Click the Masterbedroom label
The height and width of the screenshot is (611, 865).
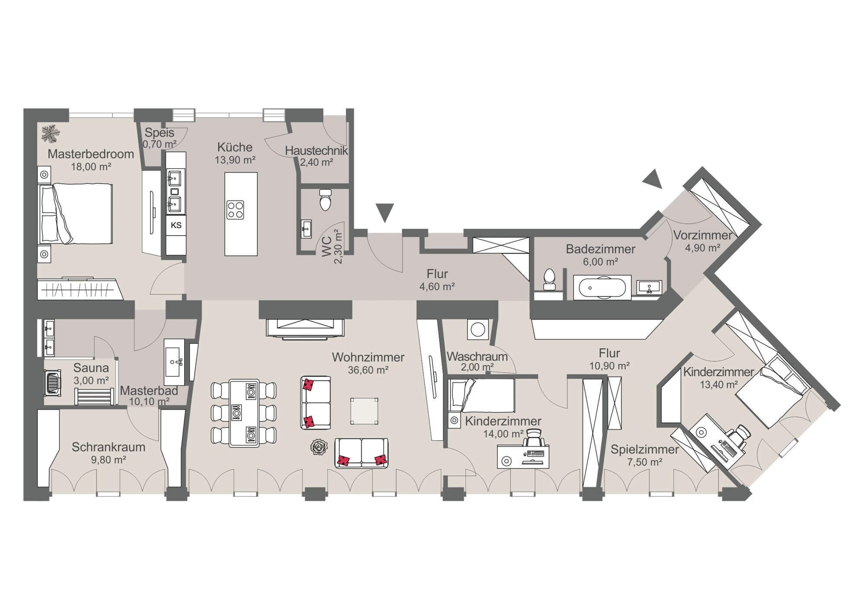click(x=91, y=154)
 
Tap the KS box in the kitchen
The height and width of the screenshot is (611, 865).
click(x=176, y=225)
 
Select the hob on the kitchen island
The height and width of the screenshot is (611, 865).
click(x=235, y=210)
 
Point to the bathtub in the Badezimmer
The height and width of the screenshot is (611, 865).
click(x=602, y=287)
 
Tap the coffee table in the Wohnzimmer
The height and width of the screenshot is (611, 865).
click(x=364, y=411)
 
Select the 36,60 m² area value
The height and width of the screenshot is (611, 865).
click(x=368, y=370)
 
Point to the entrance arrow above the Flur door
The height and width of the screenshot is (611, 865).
click(x=385, y=213)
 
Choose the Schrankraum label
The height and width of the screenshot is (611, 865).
click(x=109, y=447)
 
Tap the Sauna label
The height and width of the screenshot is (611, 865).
click(x=91, y=368)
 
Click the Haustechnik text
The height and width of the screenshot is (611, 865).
click(x=317, y=151)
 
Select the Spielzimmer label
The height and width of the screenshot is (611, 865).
click(x=645, y=449)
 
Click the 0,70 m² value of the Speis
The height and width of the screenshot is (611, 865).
click(x=160, y=144)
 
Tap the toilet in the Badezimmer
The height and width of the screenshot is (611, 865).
click(x=549, y=279)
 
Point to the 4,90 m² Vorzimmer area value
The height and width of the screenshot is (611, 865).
click(x=702, y=248)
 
